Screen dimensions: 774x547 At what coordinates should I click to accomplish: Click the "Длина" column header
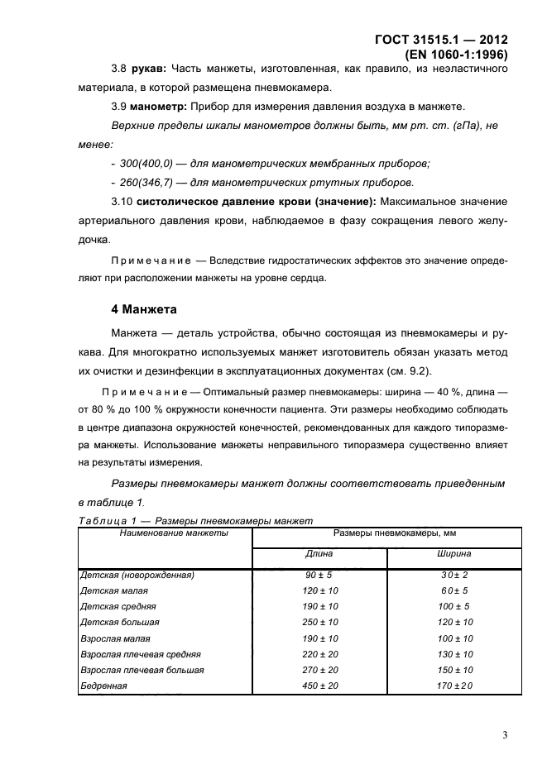tap(319, 554)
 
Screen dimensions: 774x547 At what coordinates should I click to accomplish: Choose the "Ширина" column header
tap(454, 554)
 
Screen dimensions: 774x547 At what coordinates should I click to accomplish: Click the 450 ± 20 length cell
tap(321, 686)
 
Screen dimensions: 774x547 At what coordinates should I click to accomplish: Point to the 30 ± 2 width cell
tap(454, 574)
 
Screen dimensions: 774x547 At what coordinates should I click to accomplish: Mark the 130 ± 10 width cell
tap(454, 654)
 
